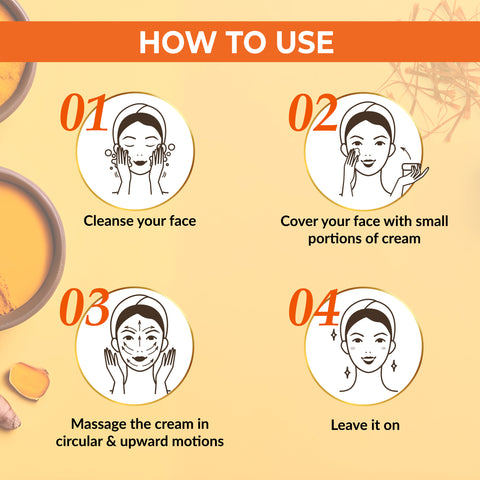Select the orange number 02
pyautogui.click(x=312, y=114)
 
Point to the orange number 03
pyautogui.click(x=85, y=310)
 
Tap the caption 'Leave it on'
pyautogui.click(x=365, y=425)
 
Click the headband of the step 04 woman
pyautogui.click(x=367, y=312)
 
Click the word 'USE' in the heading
pyautogui.click(x=298, y=42)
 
